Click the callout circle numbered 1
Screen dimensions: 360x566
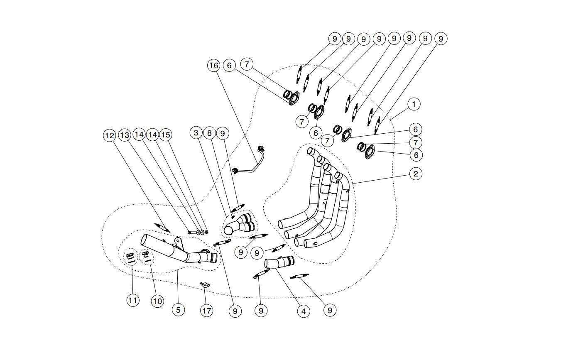coord(414,104)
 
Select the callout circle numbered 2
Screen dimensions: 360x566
coord(415,174)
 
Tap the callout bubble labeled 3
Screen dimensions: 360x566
coord(196,133)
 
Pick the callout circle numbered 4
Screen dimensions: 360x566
coord(303,311)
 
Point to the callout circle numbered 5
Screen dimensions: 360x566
coord(178,309)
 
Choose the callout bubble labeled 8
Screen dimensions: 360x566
coord(210,133)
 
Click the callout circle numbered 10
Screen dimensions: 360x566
coord(157,301)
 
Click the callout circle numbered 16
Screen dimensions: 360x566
coord(213,65)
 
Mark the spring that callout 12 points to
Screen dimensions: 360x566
coord(162,227)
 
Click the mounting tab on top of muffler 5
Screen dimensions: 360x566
coord(178,242)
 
